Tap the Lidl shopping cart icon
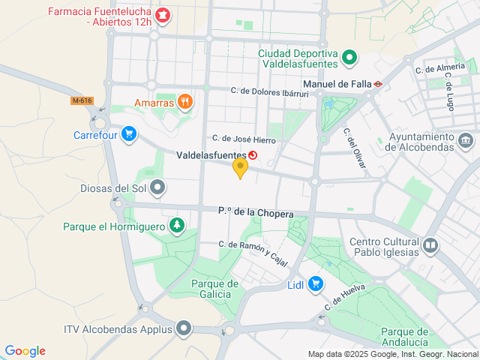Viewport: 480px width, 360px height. [x=316, y=283]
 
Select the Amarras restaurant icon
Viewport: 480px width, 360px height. [x=184, y=102]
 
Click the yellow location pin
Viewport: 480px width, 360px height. [x=240, y=168]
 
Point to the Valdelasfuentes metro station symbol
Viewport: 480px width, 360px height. [x=252, y=155]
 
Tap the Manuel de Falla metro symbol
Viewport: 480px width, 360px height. [x=379, y=84]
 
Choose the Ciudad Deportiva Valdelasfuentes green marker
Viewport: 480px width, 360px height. [x=349, y=57]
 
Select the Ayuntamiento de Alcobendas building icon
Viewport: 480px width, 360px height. [x=465, y=140]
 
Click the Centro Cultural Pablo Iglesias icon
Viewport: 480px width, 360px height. [x=430, y=245]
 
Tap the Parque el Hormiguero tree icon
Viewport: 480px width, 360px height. [x=177, y=225]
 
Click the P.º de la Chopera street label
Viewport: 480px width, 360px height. [x=255, y=213]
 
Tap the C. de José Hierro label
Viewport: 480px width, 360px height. [x=244, y=139]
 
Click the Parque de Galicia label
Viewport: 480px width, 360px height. [x=214, y=289]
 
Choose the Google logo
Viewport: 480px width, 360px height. [x=25, y=351]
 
